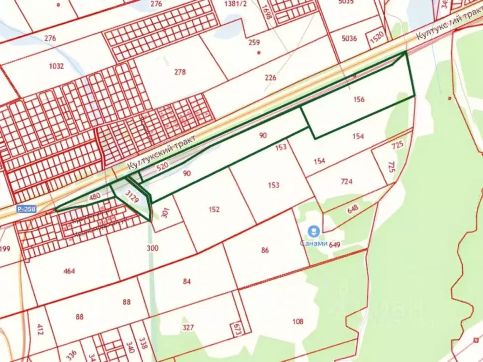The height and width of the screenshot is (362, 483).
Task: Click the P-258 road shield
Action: pyautogui.click(x=27, y=209)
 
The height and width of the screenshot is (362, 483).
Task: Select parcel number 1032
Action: pyautogui.click(x=56, y=66)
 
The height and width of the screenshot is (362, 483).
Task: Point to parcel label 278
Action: pyautogui.click(x=180, y=72)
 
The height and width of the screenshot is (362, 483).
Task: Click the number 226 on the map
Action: pyautogui.click(x=271, y=77)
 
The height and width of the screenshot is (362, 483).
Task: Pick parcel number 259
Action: pyautogui.click(x=255, y=42)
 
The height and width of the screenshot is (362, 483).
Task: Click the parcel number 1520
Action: pyautogui.click(x=377, y=37)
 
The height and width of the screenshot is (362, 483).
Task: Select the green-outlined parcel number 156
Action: pyautogui.click(x=359, y=100)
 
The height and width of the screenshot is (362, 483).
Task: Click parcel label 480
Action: pyautogui.click(x=95, y=196)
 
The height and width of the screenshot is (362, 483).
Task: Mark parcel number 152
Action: pyautogui.click(x=214, y=209)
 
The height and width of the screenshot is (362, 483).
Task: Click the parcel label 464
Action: pyautogui.click(x=70, y=271)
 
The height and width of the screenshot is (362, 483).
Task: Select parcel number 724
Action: pyautogui.click(x=347, y=181)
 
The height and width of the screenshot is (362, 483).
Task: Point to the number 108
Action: pyautogui.click(x=298, y=321)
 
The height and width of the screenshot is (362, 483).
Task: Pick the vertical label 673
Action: pyautogui.click(x=236, y=328)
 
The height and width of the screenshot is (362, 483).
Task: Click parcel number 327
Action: pyautogui.click(x=188, y=327)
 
